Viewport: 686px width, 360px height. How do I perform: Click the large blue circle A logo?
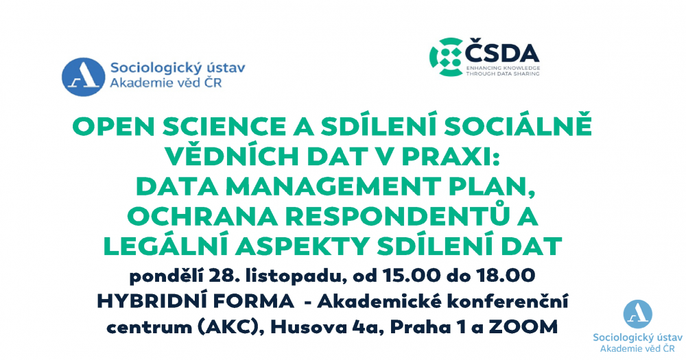click(83, 77)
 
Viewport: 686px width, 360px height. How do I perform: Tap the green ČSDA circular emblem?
click(447, 58)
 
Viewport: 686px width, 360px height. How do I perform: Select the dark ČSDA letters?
click(502, 54)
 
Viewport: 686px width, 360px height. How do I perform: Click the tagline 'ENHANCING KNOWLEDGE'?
click(503, 69)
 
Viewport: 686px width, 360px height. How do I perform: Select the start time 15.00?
click(411, 276)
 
